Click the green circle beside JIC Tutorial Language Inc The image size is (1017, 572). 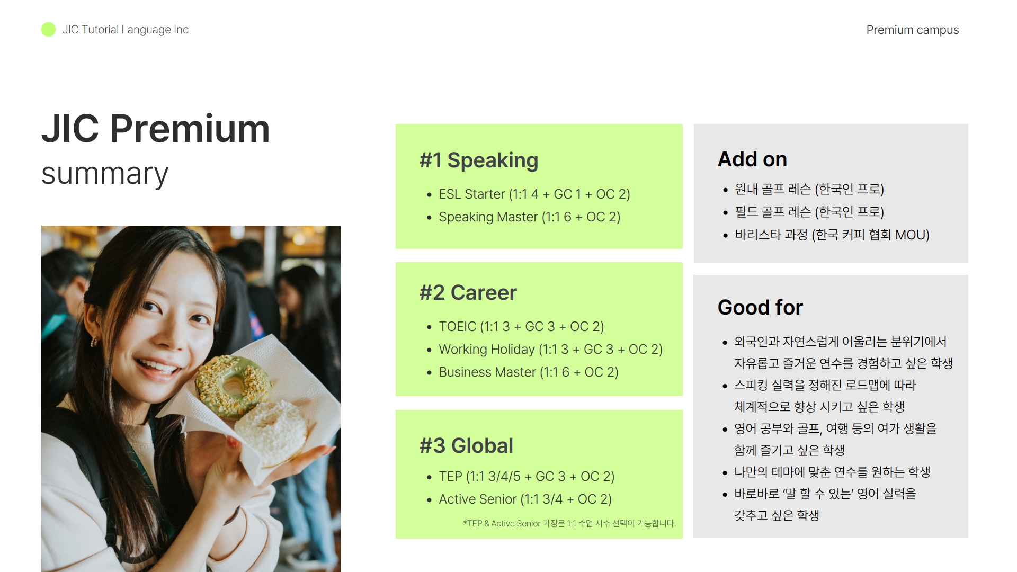(x=48, y=30)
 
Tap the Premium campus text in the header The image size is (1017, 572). (x=912, y=30)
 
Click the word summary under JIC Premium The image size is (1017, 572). (x=105, y=174)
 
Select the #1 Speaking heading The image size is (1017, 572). (x=478, y=160)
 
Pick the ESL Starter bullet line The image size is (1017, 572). (x=534, y=194)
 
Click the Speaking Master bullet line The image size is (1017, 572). (x=529, y=217)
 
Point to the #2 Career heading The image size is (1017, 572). (x=468, y=292)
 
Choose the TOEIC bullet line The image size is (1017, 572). (x=521, y=327)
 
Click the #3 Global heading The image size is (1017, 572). (x=466, y=446)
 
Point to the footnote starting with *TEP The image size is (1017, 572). (x=569, y=523)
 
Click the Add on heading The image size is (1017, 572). (x=752, y=159)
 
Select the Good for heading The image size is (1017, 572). (x=760, y=308)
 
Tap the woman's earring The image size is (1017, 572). (x=94, y=342)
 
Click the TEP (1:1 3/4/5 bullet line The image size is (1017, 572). (x=527, y=477)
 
